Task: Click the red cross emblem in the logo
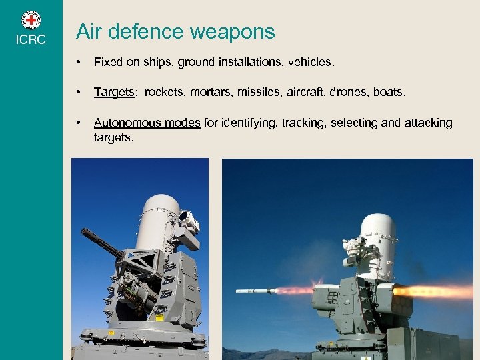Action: [x=31, y=19]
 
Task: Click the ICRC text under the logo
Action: [x=31, y=40]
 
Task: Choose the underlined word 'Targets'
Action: [x=114, y=92]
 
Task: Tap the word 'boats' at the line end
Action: [x=389, y=92]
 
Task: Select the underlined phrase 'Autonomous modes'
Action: [x=147, y=123]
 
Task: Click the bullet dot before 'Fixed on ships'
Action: [x=79, y=63]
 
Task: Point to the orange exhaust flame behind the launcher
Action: [x=433, y=291]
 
